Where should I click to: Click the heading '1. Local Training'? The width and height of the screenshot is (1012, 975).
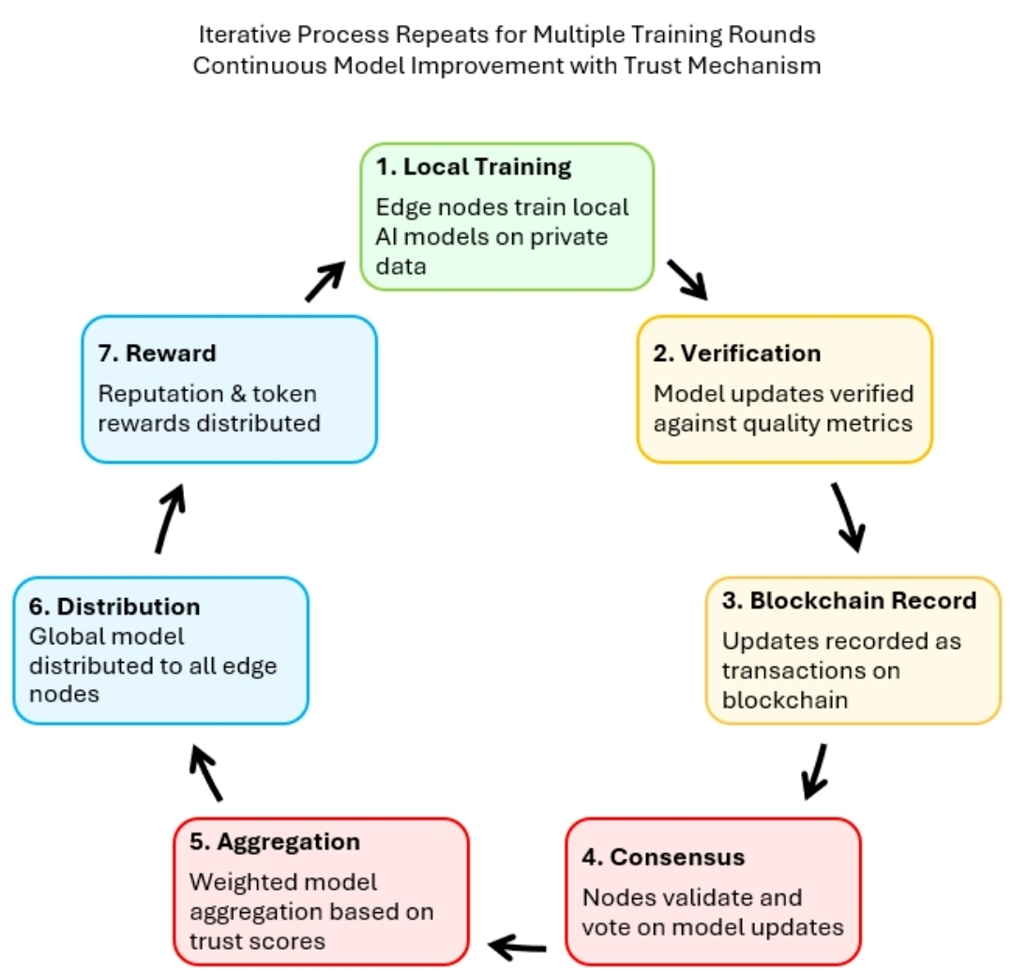click(x=474, y=168)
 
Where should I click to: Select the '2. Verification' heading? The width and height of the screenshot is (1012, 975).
click(x=736, y=353)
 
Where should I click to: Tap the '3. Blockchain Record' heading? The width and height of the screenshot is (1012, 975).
click(x=849, y=600)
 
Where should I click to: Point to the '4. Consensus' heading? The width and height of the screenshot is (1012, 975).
click(x=664, y=857)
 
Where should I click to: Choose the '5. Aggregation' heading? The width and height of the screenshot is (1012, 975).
click(x=275, y=842)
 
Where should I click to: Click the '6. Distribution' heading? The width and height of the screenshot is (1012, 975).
click(x=113, y=606)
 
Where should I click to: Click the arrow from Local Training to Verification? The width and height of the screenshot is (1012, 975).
click(x=687, y=279)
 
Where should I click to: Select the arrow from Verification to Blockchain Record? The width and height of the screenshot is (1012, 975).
click(x=847, y=517)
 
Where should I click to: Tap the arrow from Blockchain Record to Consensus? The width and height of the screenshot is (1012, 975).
click(x=814, y=772)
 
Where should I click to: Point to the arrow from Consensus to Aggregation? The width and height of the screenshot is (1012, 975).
click(x=519, y=946)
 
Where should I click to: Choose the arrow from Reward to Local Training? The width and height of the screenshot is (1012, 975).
click(x=325, y=280)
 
